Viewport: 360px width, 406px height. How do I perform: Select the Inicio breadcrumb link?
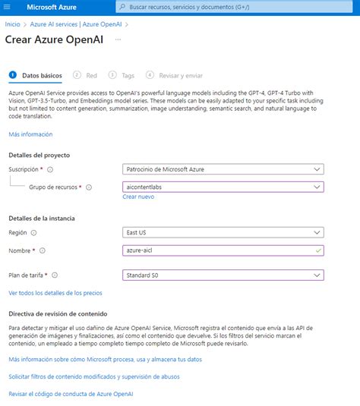(13, 24)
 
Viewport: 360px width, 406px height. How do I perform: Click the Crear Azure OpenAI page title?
(55, 39)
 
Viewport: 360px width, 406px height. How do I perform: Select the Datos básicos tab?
(42, 75)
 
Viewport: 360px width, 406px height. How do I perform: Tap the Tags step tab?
(128, 75)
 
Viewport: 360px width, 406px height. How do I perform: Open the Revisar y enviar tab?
(179, 75)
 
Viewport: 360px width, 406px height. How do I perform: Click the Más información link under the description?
(30, 134)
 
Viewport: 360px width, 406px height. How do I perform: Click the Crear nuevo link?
(138, 197)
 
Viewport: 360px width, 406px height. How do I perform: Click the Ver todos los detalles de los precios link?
(55, 292)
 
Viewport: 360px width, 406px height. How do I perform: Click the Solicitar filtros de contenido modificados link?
(94, 376)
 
